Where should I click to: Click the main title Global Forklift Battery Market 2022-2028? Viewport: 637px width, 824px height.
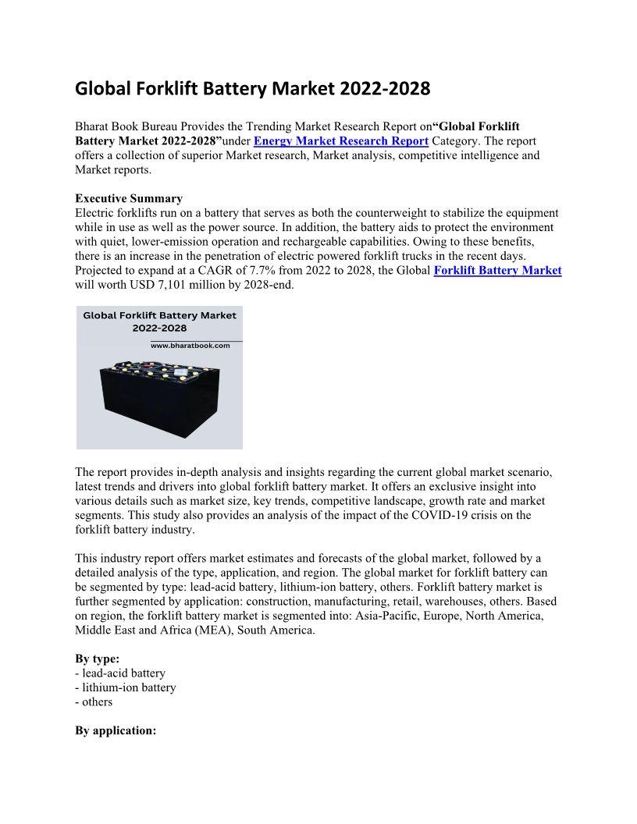(252, 89)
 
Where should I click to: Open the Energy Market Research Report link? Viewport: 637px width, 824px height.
(341, 141)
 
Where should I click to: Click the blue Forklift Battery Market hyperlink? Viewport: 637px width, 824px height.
(497, 271)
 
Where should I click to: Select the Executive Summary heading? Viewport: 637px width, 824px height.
(129, 198)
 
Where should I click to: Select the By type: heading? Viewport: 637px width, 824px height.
(98, 659)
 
